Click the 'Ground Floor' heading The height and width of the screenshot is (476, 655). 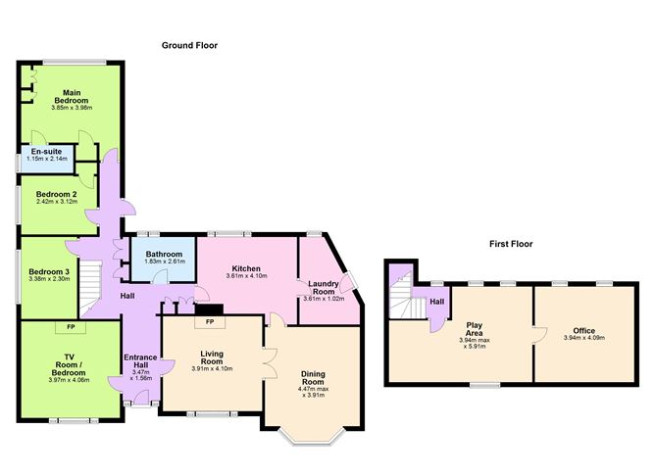pyautogui.click(x=189, y=45)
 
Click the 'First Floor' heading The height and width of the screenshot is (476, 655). pyautogui.click(x=511, y=244)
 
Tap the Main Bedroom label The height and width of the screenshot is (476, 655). pyautogui.click(x=72, y=96)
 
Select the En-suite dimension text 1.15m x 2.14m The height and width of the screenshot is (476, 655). pyautogui.click(x=47, y=159)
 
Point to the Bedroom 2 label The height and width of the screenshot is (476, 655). pyautogui.click(x=57, y=194)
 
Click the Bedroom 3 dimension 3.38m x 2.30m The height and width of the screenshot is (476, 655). pyautogui.click(x=49, y=279)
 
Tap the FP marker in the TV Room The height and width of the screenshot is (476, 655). pyautogui.click(x=71, y=327)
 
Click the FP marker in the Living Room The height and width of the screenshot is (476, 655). pyautogui.click(x=210, y=321)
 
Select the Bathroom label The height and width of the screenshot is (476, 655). pyautogui.click(x=164, y=254)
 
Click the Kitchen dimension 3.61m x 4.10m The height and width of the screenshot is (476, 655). pyautogui.click(x=246, y=276)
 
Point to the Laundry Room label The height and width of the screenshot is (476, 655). pyautogui.click(x=324, y=287)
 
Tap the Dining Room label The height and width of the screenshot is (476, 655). pyautogui.click(x=314, y=378)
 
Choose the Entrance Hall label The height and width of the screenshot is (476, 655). pyautogui.click(x=140, y=361)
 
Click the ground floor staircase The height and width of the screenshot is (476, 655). pyautogui.click(x=90, y=288)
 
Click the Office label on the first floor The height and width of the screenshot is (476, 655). pyautogui.click(x=584, y=331)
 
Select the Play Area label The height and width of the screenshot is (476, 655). pyautogui.click(x=475, y=329)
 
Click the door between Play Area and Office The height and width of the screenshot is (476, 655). pyautogui.click(x=539, y=335)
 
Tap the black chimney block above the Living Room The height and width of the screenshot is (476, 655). pyautogui.click(x=209, y=309)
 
